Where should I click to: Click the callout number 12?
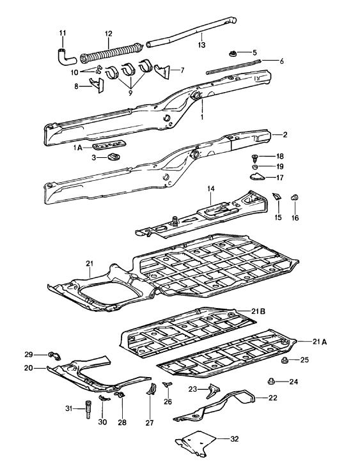108,33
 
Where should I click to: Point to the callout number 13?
201,45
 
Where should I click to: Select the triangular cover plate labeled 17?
256,177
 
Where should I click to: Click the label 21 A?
320,342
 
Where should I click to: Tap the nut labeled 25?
285,360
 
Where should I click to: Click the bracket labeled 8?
99,86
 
